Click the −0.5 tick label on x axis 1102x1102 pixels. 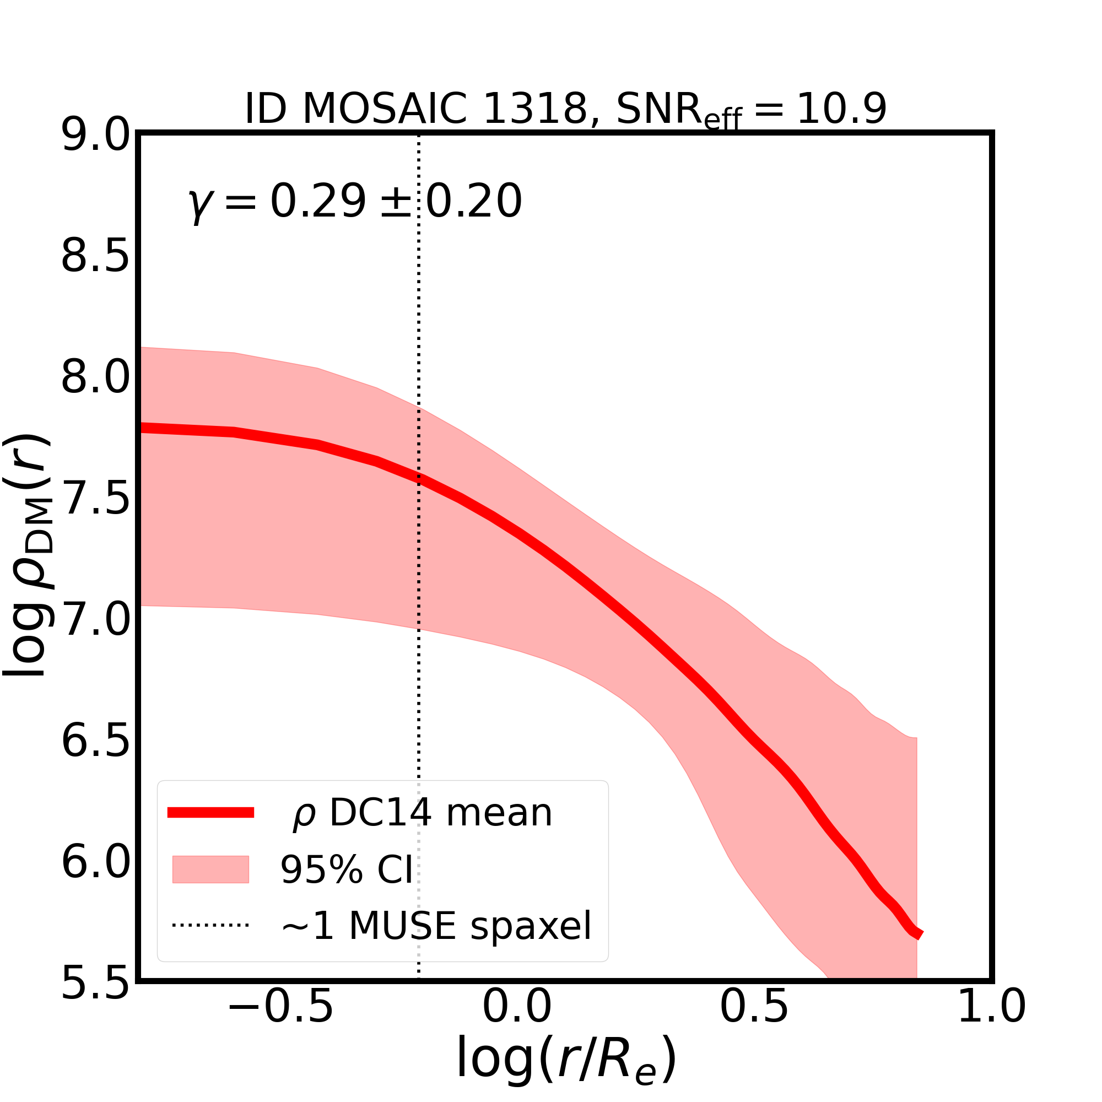point(280,1022)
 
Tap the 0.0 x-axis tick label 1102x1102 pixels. point(517,1022)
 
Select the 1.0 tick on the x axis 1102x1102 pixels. point(991,1022)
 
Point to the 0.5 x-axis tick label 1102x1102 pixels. point(754,1022)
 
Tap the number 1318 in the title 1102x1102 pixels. point(534,109)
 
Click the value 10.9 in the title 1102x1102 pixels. point(841,109)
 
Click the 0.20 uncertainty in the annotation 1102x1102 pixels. point(474,201)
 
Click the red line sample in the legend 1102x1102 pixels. point(210,813)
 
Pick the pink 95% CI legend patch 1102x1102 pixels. point(210,869)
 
